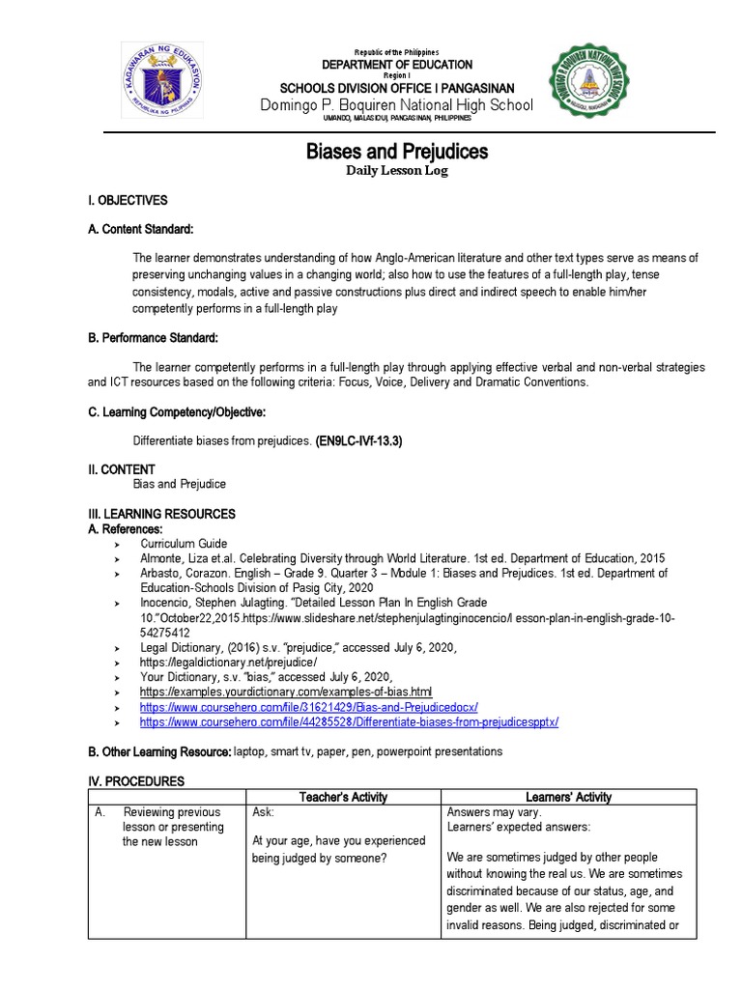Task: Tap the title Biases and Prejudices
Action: (x=397, y=152)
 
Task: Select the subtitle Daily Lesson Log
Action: (x=397, y=171)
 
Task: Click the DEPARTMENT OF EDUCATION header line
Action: (x=397, y=65)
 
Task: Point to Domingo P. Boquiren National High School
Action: (x=397, y=104)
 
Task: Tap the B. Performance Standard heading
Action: (x=153, y=338)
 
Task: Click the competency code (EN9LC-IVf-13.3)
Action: (x=357, y=440)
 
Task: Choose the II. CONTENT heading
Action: (x=121, y=469)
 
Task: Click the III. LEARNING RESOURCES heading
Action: (x=161, y=514)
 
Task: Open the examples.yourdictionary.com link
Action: (x=286, y=692)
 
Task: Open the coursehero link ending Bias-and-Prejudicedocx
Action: (x=308, y=708)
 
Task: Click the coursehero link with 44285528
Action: (x=349, y=722)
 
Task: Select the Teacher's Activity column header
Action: (x=343, y=797)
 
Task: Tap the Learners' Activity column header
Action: (x=568, y=797)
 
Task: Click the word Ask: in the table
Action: (x=264, y=812)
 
